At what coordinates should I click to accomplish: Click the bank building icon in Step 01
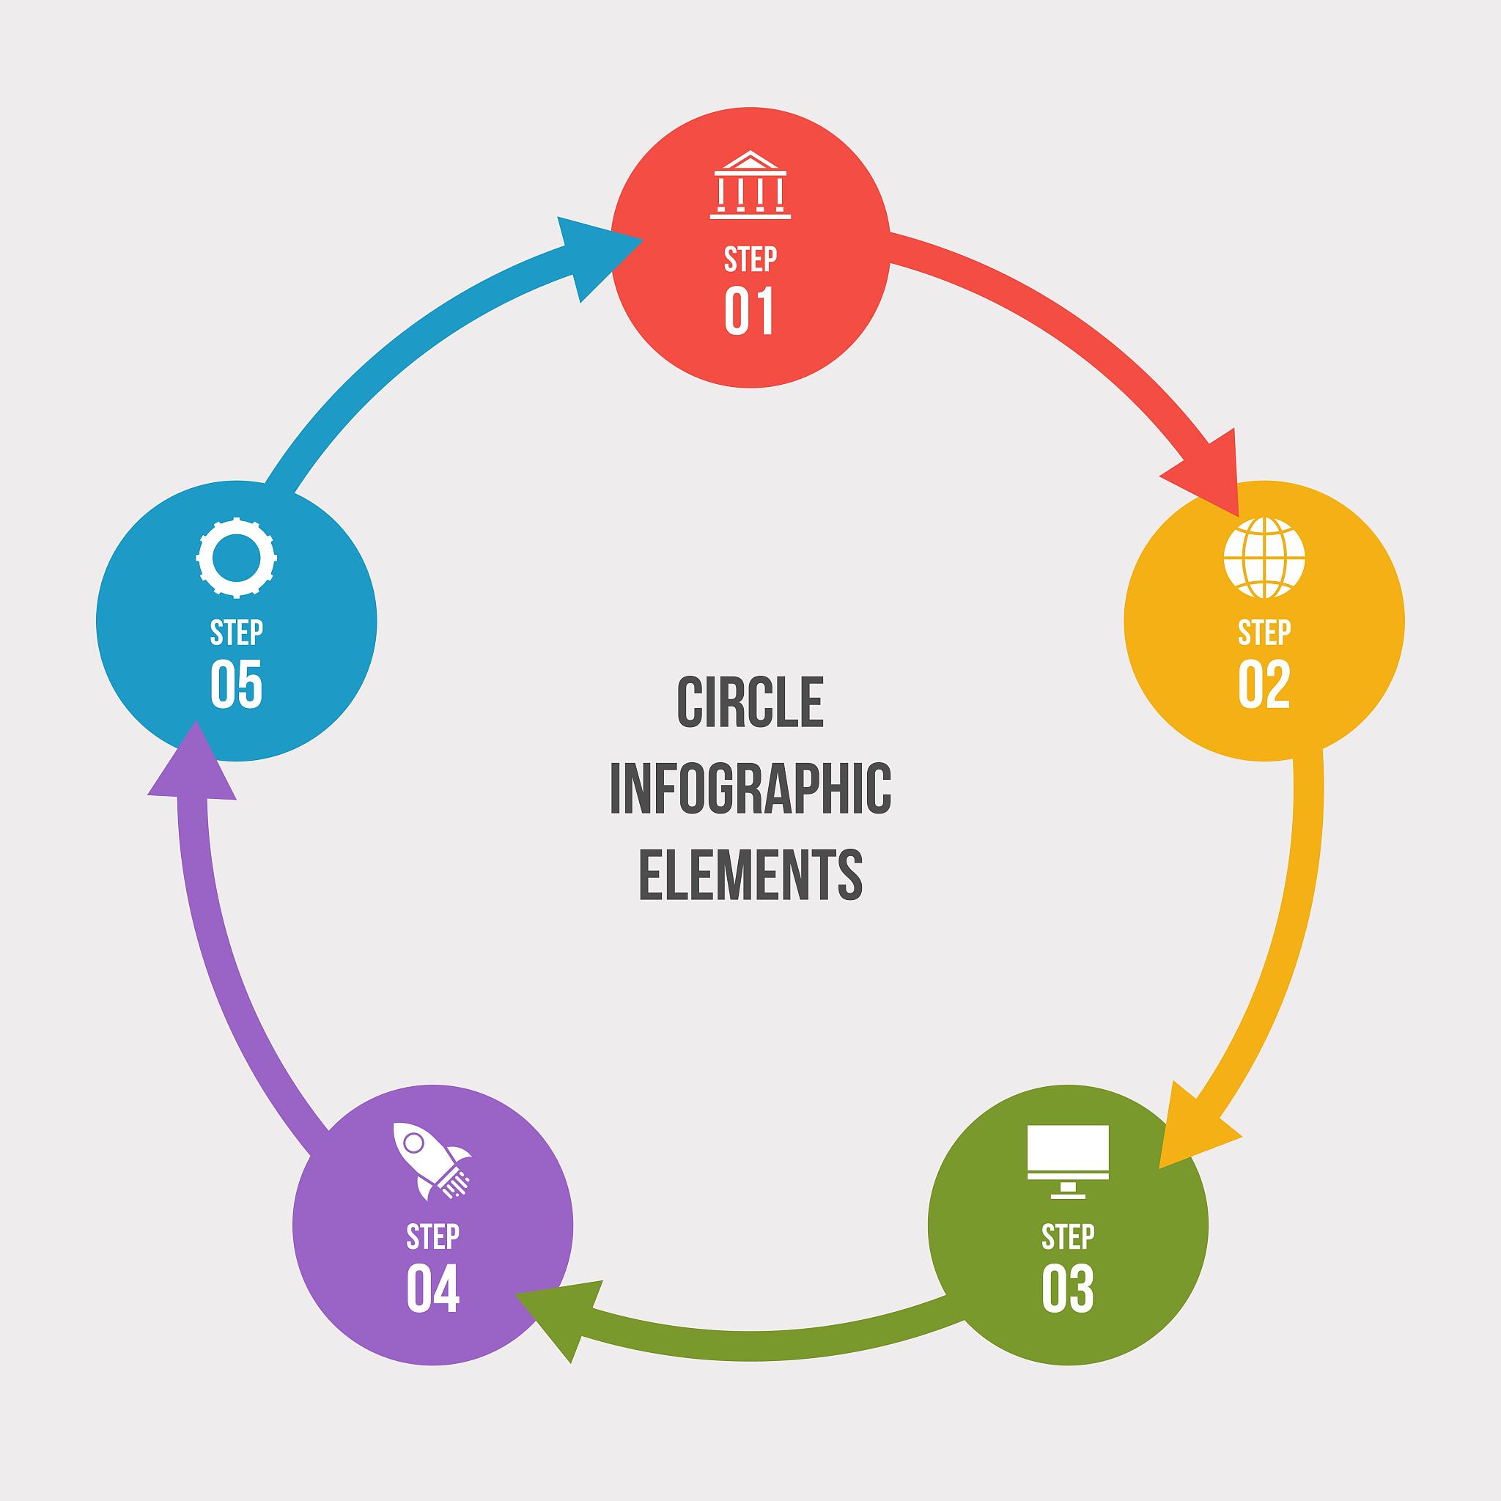(x=750, y=184)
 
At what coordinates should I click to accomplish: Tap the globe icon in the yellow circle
(x=1264, y=558)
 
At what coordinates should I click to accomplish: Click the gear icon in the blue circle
(x=236, y=558)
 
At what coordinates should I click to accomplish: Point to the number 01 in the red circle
(x=750, y=311)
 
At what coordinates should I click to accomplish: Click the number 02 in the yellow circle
(x=1264, y=684)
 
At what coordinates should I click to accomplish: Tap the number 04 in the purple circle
(x=432, y=1288)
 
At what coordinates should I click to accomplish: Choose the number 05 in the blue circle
(x=236, y=684)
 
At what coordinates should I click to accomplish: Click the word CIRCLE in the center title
(x=750, y=702)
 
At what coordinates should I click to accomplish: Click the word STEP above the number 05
(x=236, y=633)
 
